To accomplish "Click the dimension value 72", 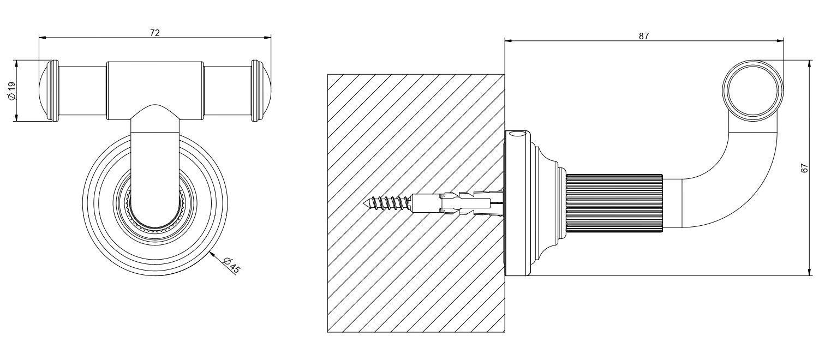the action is [x=155, y=32].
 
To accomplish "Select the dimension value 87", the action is [x=643, y=36].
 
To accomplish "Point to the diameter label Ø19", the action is [x=11, y=91].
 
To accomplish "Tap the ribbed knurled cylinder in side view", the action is [x=614, y=203].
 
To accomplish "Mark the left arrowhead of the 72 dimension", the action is [x=42, y=37].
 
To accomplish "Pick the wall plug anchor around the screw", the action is [x=457, y=202].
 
